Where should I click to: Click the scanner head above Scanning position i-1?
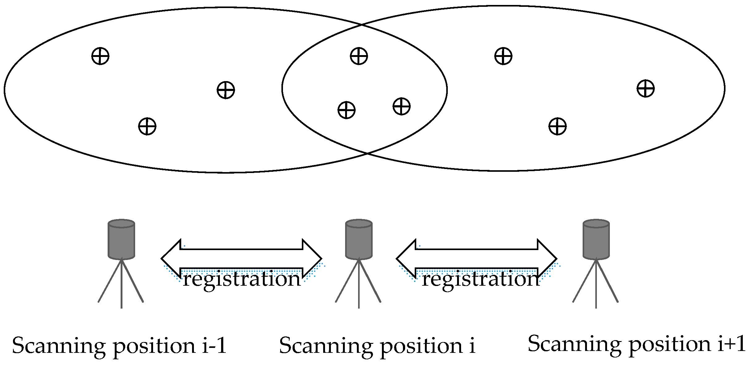click(x=121, y=239)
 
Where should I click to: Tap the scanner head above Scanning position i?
click(x=359, y=239)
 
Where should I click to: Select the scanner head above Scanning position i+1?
click(x=596, y=239)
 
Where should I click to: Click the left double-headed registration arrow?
click(x=241, y=258)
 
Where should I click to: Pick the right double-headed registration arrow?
click(x=477, y=258)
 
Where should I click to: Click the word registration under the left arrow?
click(x=242, y=279)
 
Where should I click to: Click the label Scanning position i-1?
click(x=119, y=346)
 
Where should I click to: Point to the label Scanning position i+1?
click(x=637, y=344)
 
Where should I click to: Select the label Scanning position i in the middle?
click(x=377, y=346)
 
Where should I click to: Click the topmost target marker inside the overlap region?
click(x=359, y=56)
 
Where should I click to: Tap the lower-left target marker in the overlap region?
click(x=346, y=110)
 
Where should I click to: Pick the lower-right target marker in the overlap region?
click(x=401, y=106)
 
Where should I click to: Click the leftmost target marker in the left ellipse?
click(x=100, y=56)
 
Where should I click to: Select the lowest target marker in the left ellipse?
click(x=147, y=126)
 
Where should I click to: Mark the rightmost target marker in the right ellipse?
click(x=646, y=89)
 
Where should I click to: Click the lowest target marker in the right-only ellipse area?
click(x=557, y=126)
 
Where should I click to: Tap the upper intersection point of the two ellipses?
click(x=362, y=25)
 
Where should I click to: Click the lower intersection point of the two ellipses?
click(x=367, y=153)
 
